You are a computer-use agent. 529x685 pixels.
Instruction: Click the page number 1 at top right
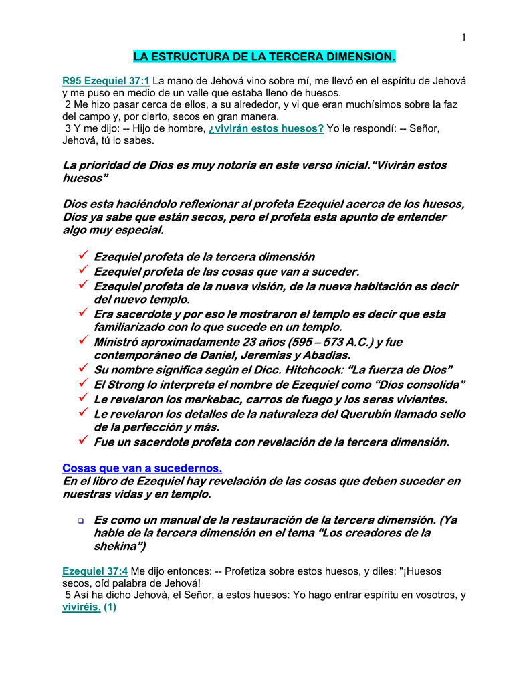coord(463,37)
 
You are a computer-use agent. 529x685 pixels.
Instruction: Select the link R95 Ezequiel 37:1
coord(106,81)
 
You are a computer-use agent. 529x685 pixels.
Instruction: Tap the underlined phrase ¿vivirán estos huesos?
coord(266,128)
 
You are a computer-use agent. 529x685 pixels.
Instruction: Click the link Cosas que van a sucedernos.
coord(142,468)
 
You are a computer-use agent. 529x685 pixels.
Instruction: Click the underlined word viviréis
coord(81,608)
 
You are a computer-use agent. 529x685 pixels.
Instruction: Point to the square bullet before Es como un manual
coord(81,521)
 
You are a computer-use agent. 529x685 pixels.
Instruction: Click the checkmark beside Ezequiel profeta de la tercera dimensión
coord(83,256)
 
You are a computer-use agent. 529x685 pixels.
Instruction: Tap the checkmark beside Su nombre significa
coord(83,369)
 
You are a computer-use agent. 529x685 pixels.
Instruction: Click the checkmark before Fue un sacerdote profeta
coord(83,442)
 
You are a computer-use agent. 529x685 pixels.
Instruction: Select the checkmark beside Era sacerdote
coord(83,313)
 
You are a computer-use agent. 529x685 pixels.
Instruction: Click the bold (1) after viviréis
coord(110,608)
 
